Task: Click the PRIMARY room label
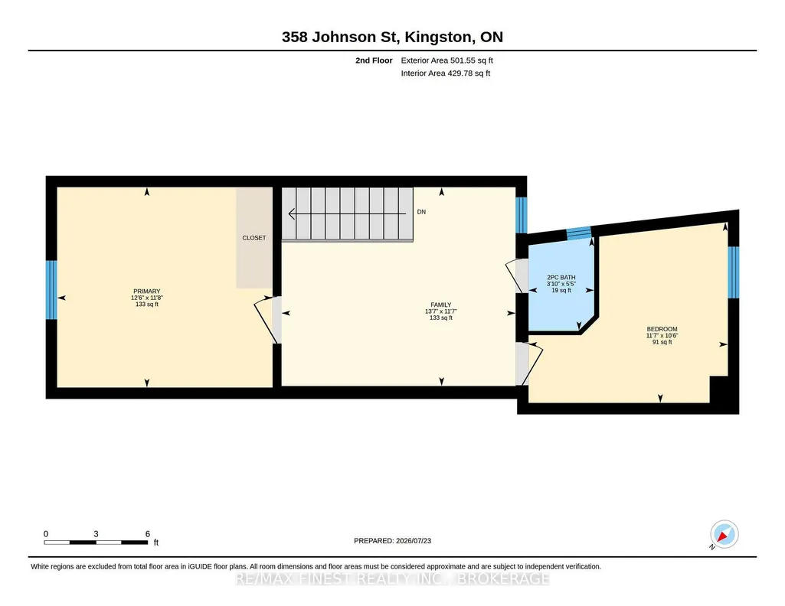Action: pos(147,292)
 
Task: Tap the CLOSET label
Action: pos(253,238)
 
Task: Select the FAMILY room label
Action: pos(440,305)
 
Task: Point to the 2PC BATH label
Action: pos(561,278)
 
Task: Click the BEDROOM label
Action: pos(662,329)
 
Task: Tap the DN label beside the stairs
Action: pos(421,212)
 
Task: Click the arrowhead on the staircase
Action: pos(291,214)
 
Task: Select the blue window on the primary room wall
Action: pos(51,289)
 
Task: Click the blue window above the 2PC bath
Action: pos(579,233)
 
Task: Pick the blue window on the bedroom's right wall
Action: pos(734,272)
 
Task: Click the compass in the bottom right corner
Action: pos(724,535)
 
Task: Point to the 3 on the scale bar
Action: pos(96,534)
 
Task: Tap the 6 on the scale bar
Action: pos(148,534)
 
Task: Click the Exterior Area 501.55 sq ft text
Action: pos(447,60)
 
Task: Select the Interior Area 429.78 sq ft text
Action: pos(446,73)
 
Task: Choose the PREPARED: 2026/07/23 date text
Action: pos(392,540)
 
